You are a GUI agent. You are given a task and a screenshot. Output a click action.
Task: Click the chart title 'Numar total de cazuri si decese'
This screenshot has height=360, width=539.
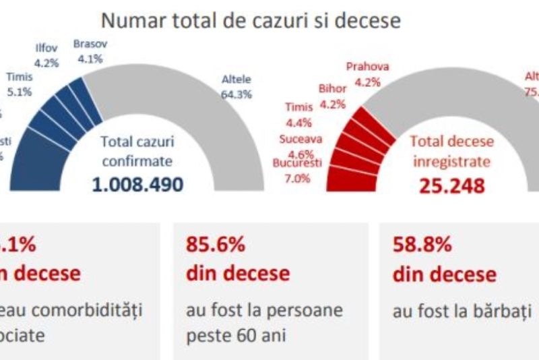tap(250, 20)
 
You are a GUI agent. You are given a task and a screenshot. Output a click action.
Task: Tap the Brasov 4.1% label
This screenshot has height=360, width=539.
tap(90, 49)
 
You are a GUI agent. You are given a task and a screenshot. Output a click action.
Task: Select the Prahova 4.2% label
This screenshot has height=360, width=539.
tap(368, 74)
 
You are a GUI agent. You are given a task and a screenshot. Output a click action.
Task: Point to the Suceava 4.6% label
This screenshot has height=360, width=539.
tap(300, 146)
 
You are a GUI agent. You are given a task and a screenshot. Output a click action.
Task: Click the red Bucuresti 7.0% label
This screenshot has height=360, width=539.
tap(298, 171)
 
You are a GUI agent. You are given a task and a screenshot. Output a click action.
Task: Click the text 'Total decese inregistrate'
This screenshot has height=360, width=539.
tap(452, 151)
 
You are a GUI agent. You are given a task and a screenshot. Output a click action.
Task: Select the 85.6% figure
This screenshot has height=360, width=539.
tap(215, 245)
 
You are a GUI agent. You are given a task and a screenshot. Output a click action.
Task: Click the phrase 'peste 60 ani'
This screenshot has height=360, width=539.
tap(228, 334)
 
